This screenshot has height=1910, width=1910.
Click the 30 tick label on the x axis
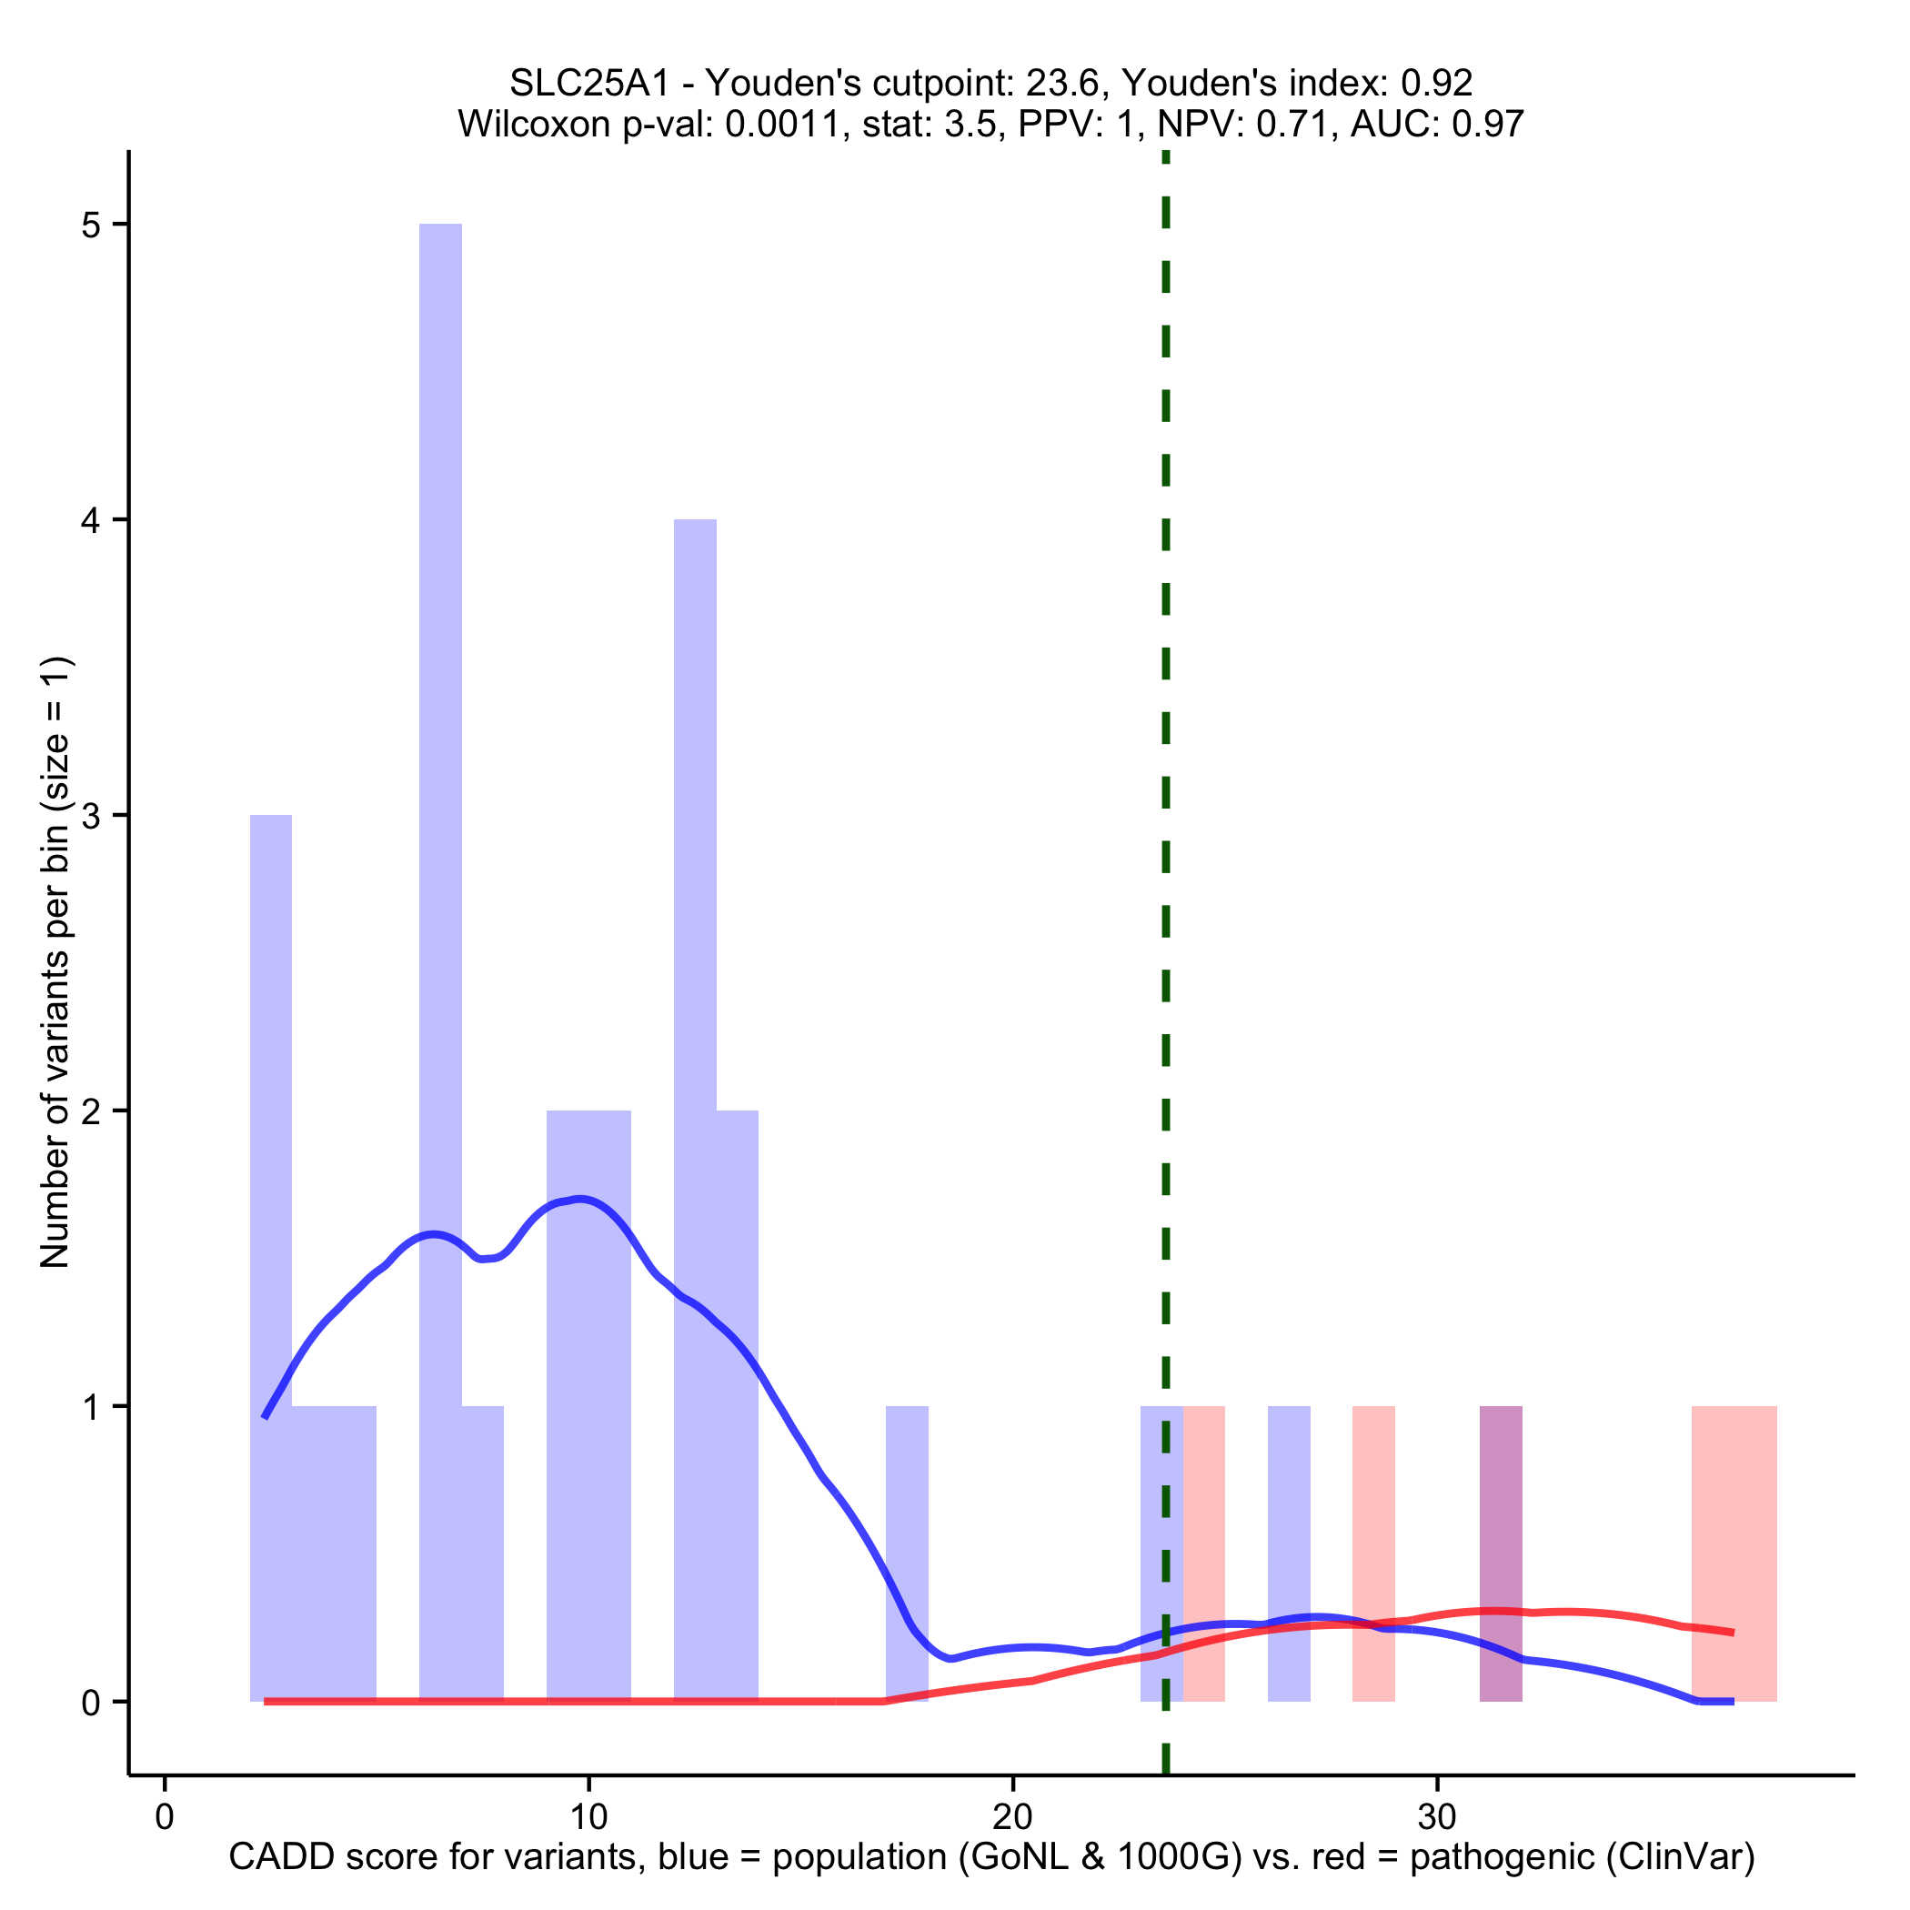[1436, 1817]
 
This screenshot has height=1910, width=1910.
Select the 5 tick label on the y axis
[91, 226]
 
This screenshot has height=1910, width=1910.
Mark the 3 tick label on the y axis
[91, 817]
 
